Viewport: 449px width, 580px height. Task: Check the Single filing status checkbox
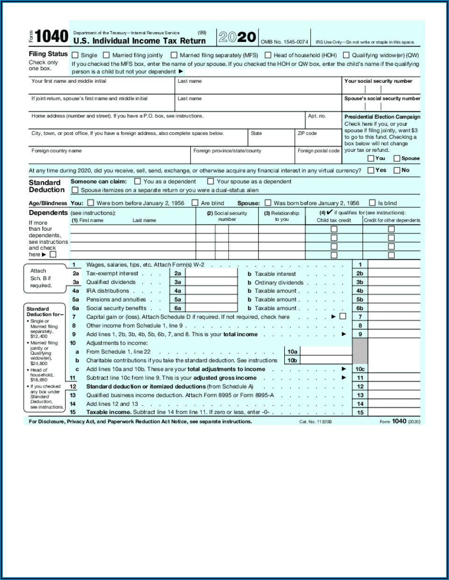point(75,55)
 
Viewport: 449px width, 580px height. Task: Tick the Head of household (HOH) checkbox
point(268,55)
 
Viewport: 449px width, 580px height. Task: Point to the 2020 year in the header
point(237,37)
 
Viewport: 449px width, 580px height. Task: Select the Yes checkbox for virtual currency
point(371,170)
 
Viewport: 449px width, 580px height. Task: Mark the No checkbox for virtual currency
point(397,170)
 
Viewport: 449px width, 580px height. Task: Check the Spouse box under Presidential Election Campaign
point(397,158)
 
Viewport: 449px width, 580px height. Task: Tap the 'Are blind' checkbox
point(195,203)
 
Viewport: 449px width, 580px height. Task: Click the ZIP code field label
point(307,134)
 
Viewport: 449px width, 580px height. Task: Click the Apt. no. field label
point(316,116)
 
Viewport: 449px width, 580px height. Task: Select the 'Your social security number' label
point(378,81)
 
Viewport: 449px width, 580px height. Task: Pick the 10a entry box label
point(292,352)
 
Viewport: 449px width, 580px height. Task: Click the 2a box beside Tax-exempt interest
point(177,274)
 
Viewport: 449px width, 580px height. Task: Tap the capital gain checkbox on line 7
point(343,317)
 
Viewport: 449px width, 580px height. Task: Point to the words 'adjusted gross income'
point(225,378)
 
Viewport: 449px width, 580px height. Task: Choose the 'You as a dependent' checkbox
point(138,181)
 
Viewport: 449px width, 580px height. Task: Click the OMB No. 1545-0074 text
point(284,42)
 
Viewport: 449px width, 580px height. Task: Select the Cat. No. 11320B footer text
point(315,422)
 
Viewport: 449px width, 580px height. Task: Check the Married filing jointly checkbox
point(106,55)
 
